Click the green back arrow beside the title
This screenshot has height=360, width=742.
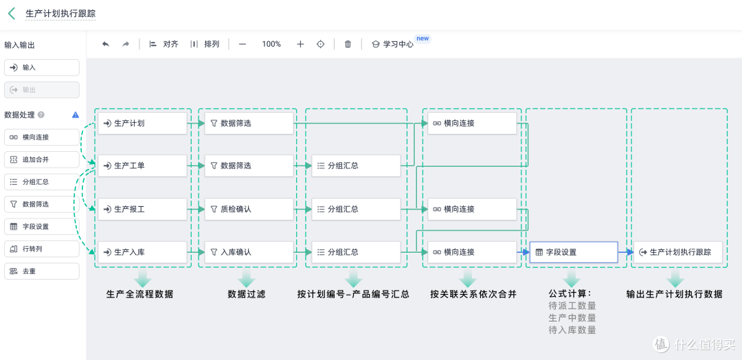[12, 13]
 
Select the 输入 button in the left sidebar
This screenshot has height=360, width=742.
[42, 67]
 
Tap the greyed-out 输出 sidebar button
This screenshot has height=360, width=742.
[42, 90]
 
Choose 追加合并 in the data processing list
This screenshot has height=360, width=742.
[42, 159]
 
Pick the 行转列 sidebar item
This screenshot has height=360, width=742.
[42, 249]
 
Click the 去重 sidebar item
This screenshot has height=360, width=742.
[42, 271]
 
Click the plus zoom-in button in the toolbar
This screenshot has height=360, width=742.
[300, 44]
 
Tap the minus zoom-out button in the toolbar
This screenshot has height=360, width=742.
[243, 44]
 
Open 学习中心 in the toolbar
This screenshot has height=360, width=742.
[392, 44]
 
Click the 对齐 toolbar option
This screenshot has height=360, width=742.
[164, 44]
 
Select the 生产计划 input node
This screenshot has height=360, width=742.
[142, 124]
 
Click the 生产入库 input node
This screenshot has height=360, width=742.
[142, 252]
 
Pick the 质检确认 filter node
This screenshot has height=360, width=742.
[249, 209]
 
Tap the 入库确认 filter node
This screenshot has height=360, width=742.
[249, 252]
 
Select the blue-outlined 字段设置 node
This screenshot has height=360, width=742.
[574, 252]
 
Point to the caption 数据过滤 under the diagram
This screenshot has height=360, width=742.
[247, 294]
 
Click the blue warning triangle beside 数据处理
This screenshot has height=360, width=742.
[76, 115]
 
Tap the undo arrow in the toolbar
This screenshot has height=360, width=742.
[106, 44]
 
